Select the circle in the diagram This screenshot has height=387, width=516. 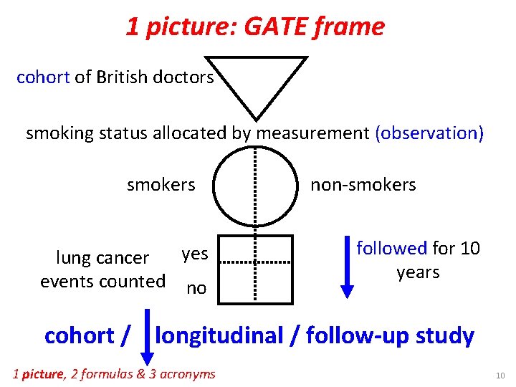coord(255,185)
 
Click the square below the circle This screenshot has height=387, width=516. coord(255,266)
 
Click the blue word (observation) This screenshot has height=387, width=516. coord(429,133)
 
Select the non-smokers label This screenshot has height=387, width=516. coord(363,184)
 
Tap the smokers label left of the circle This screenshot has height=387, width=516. coord(161,184)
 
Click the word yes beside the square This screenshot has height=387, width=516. coord(195,253)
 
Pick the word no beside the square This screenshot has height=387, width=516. coord(196,288)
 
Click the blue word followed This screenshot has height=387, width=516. coord(392,248)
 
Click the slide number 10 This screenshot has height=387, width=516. coord(500,375)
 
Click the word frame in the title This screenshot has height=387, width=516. coord(354,27)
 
